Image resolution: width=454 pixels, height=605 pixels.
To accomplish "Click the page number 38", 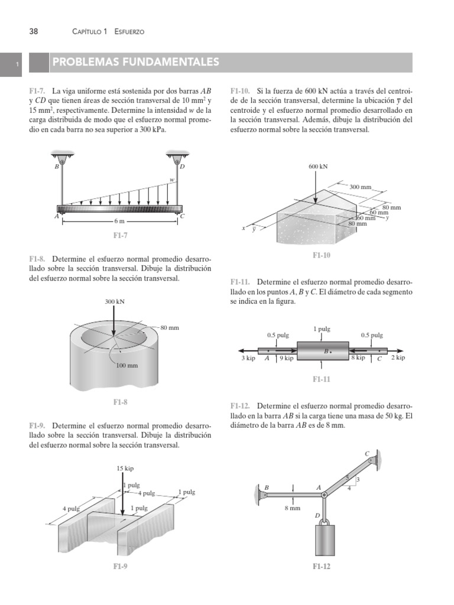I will tap(34, 31).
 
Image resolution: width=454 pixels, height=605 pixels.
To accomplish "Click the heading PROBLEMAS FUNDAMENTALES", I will tap(135, 62).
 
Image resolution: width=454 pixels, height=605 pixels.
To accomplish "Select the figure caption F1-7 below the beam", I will tap(121, 235).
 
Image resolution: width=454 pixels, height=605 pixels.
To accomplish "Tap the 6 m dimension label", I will tap(120, 222).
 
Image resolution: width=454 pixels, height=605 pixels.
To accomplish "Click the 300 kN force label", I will tap(115, 301).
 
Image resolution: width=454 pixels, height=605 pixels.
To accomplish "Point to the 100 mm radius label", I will tap(127, 365).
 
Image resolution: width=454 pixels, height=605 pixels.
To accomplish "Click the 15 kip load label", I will tap(125, 468).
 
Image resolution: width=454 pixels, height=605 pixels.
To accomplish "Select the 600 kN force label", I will tap(318, 167).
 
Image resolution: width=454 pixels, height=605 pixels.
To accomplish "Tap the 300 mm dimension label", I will tap(361, 187).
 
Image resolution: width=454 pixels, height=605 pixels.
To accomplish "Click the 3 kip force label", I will tap(248, 358).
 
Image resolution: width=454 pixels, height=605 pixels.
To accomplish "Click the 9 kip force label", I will tap(286, 358).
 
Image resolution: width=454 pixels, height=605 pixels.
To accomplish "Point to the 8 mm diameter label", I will tap(293, 508).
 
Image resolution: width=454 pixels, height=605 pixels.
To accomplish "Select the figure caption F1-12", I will tap(322, 567).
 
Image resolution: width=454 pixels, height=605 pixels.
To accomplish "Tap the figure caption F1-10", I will tap(322, 255).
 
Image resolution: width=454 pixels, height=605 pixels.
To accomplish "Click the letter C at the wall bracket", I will tap(367, 454).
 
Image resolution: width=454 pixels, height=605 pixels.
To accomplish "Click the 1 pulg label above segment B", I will tap(322, 328).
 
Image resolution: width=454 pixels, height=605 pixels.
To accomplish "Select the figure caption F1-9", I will tap(121, 567).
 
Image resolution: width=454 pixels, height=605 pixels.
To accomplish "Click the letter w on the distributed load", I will tap(172, 180).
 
